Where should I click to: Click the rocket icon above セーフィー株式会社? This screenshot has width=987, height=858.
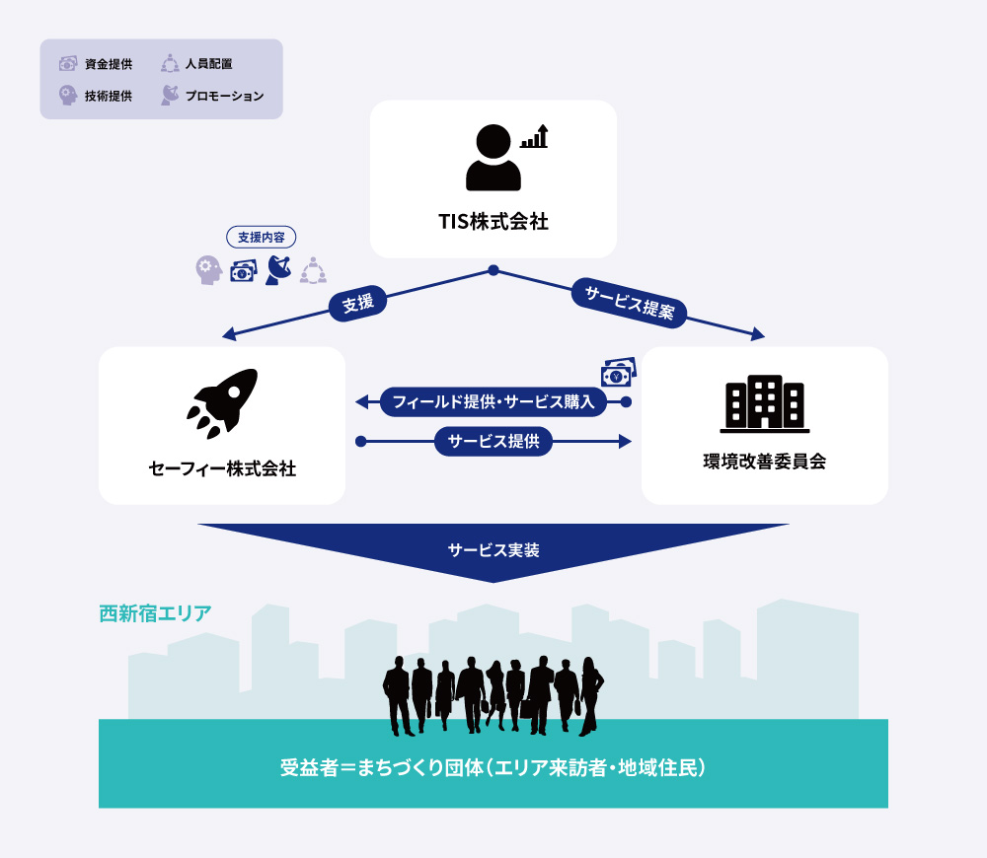(x=222, y=402)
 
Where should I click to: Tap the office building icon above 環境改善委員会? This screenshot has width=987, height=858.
(x=765, y=403)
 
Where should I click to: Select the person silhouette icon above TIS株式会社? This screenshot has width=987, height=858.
(x=493, y=157)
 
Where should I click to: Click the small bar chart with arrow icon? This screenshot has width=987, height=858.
(x=534, y=136)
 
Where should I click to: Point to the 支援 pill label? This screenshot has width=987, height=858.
(x=357, y=303)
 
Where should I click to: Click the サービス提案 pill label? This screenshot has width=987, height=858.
(x=629, y=303)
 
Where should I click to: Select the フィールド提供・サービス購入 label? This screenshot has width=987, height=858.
(x=493, y=402)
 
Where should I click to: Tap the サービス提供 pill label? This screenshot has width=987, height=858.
(x=493, y=442)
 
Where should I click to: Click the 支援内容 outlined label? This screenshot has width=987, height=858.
(x=262, y=237)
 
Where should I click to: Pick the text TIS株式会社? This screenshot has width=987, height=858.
(x=493, y=222)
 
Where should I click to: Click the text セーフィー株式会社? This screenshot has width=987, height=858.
(x=222, y=468)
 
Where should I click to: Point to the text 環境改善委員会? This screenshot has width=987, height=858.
(x=765, y=462)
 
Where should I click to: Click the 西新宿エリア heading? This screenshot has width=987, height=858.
(x=155, y=613)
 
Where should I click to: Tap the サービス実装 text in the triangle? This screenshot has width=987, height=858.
(x=493, y=550)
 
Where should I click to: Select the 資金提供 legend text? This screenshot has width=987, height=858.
(x=109, y=64)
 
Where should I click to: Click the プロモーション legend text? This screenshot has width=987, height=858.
(x=224, y=97)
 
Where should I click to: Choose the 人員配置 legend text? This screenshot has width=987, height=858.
(x=209, y=63)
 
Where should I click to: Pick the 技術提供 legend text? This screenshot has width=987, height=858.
(x=109, y=96)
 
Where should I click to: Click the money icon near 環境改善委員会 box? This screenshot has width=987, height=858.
(x=619, y=372)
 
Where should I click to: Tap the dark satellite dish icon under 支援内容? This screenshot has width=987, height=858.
(x=278, y=270)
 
